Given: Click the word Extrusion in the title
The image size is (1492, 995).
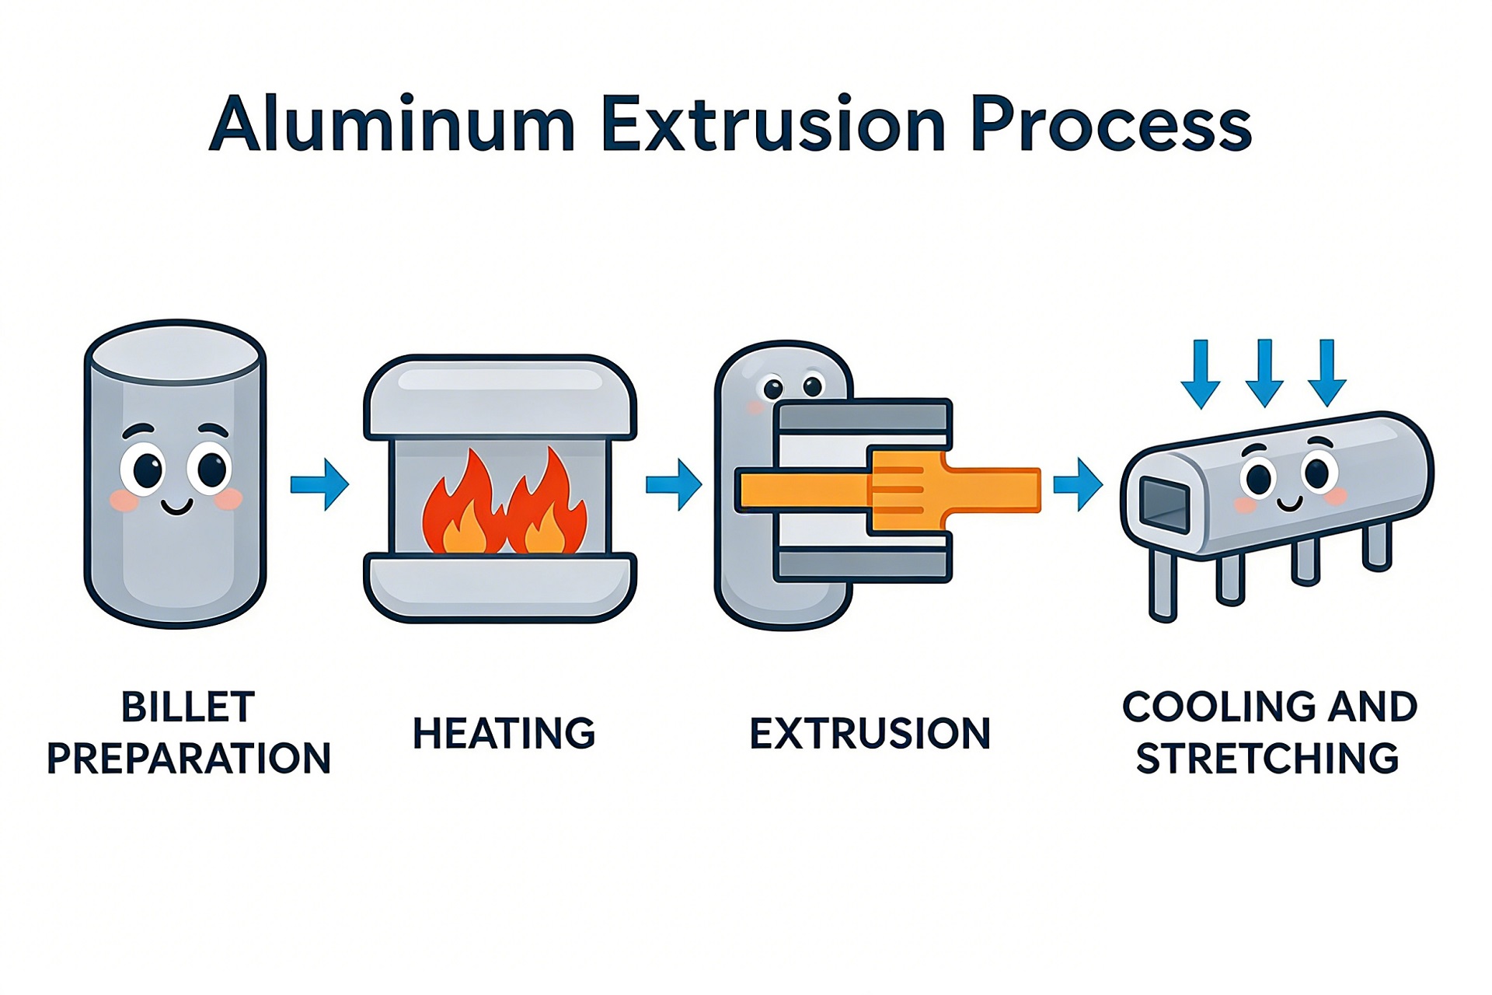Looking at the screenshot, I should [x=772, y=124].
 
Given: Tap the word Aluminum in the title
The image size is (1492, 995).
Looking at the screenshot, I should [x=392, y=124].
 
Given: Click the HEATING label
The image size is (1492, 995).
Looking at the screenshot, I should [x=504, y=733].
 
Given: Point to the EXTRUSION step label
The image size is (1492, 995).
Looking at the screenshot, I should [x=870, y=733].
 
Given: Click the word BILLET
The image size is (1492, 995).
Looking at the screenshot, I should [x=188, y=707].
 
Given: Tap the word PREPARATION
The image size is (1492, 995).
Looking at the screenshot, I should [x=189, y=759].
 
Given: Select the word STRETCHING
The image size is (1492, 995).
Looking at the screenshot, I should [x=1267, y=759].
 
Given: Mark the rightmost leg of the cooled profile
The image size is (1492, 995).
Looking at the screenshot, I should [x=1376, y=546].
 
